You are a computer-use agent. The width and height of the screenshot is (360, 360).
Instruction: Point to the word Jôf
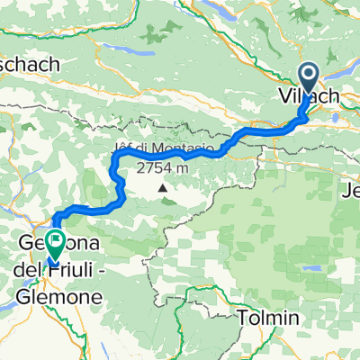tap(124, 148)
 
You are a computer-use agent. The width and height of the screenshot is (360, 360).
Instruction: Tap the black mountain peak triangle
tap(163, 188)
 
